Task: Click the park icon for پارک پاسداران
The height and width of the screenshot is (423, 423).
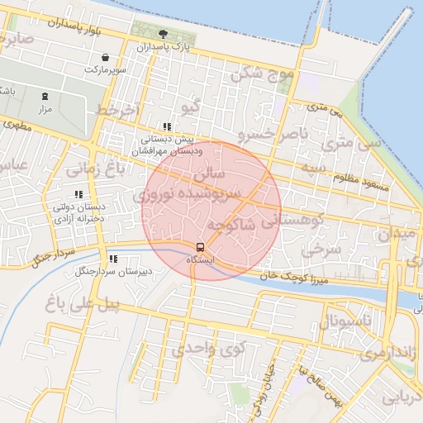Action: coord(162,34)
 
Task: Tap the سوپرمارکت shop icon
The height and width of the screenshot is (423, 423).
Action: coord(105,58)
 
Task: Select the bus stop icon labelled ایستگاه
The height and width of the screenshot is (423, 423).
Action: coord(199,247)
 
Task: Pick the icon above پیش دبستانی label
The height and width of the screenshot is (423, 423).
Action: coord(167,126)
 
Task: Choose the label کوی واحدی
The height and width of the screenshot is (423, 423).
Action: coord(208,349)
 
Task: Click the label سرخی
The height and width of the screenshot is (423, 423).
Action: coord(315,249)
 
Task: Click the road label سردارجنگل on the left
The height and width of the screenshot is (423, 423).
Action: coord(53,255)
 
